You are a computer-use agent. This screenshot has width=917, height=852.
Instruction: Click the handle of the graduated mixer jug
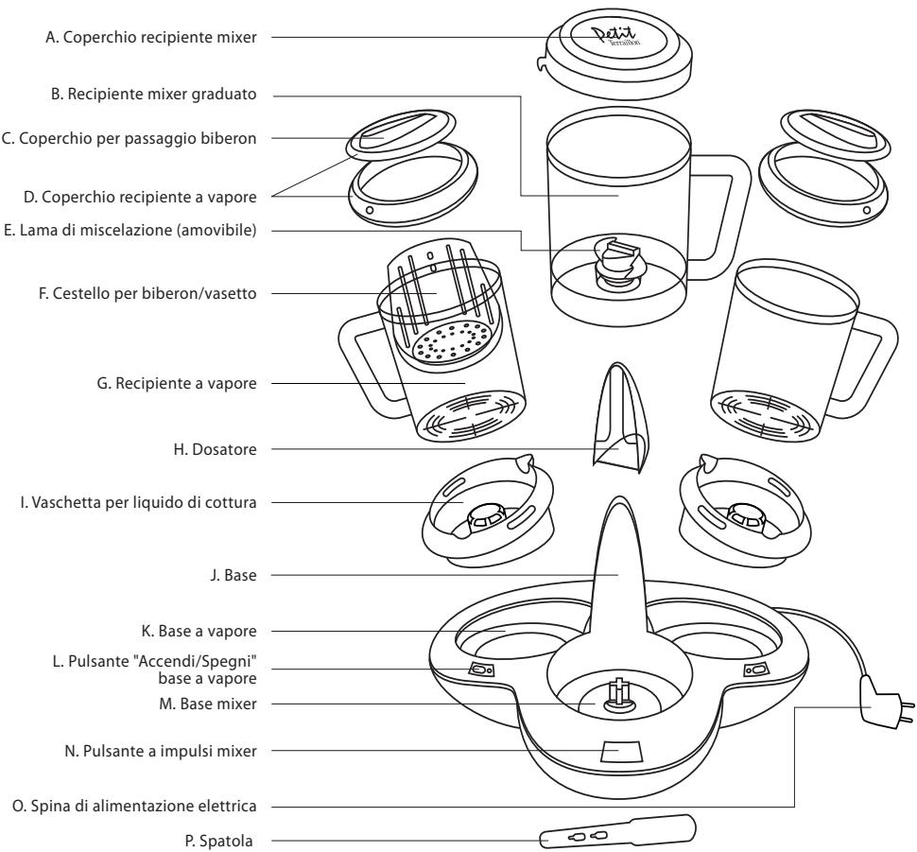[x=728, y=213]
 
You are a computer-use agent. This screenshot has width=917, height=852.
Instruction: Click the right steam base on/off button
[x=755, y=669]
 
